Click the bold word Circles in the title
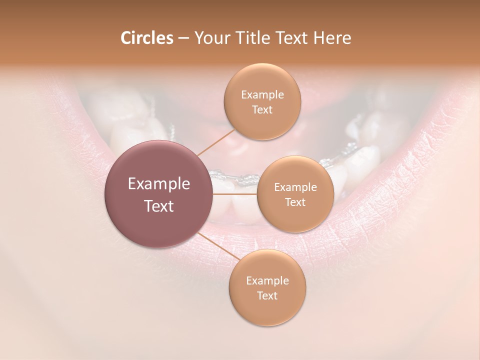[146, 38]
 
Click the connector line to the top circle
[215, 142]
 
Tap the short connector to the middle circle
[235, 193]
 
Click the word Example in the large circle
[159, 184]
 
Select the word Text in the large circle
[159, 206]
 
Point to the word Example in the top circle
[262, 95]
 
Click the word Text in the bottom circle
[267, 295]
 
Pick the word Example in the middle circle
[295, 187]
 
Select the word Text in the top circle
[262, 109]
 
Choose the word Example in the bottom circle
[267, 281]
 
